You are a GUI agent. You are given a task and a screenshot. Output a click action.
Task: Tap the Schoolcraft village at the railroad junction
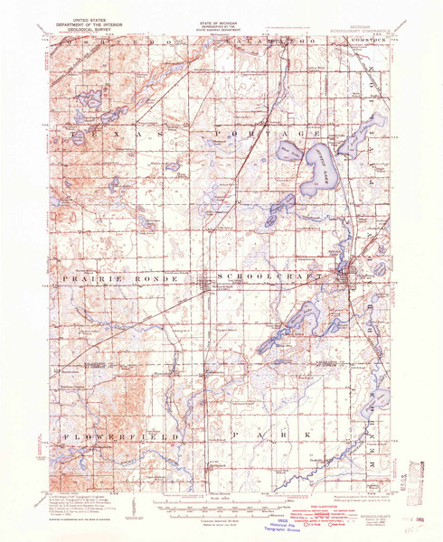click(x=204, y=288)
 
